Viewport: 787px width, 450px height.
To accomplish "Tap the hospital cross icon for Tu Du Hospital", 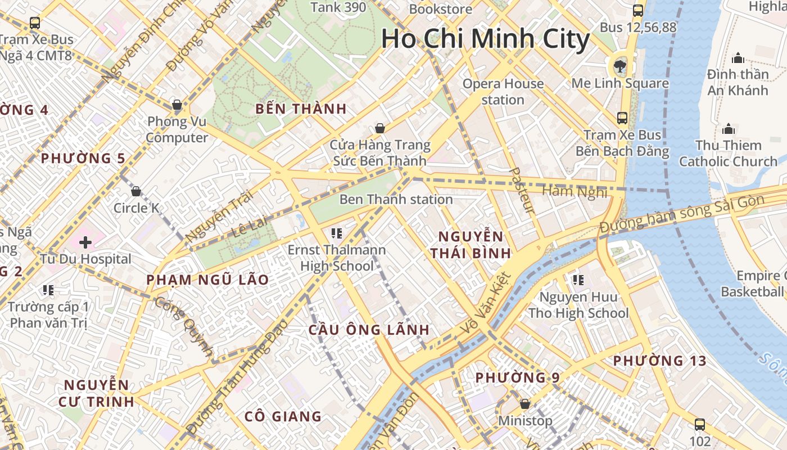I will (x=85, y=242).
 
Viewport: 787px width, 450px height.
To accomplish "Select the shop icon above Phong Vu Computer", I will (x=177, y=105).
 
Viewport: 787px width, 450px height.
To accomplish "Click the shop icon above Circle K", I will (x=135, y=191).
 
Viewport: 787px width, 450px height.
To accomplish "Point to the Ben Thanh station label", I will (x=396, y=200).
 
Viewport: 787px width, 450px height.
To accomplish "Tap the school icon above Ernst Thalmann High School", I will (x=337, y=233).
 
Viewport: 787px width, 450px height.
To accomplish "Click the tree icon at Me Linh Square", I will (x=620, y=66).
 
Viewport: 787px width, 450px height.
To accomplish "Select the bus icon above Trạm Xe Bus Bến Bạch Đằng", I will (x=622, y=118).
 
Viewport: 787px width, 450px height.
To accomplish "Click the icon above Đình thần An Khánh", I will (x=738, y=58).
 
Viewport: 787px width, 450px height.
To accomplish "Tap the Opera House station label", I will (x=503, y=92).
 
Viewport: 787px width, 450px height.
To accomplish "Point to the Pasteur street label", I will (x=522, y=190).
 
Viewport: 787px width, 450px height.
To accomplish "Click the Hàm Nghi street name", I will (x=575, y=191).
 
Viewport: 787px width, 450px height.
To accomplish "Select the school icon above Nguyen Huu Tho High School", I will (x=578, y=280).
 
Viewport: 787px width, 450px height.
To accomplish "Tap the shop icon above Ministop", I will (x=525, y=404).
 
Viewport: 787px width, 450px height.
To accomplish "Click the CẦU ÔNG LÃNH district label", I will (x=369, y=330).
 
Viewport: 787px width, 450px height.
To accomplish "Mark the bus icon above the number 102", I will (x=700, y=425).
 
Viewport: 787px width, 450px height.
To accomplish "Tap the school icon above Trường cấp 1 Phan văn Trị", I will (x=48, y=290).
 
